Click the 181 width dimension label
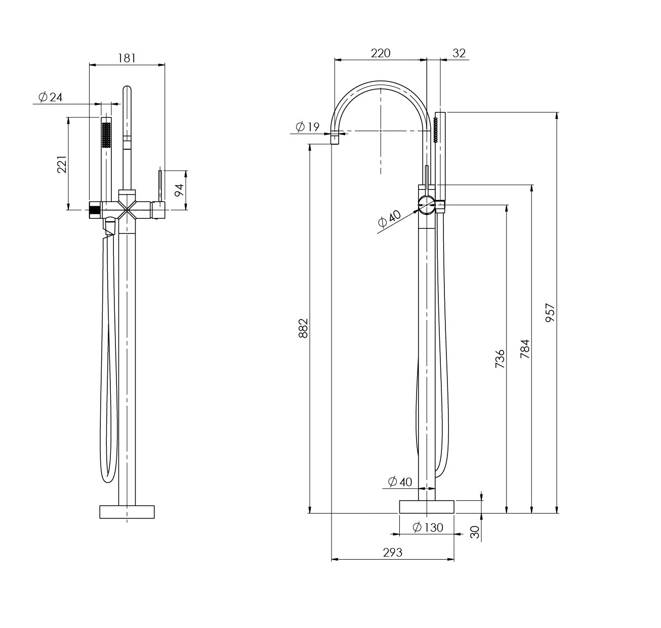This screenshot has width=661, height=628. pyautogui.click(x=127, y=58)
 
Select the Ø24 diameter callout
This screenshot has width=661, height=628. pyautogui.click(x=51, y=97)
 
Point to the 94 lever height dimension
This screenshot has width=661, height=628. pyautogui.click(x=179, y=190)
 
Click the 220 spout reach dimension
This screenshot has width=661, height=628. pyautogui.click(x=381, y=53)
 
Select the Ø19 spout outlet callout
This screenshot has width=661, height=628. pyautogui.click(x=307, y=127)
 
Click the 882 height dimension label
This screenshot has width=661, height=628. pyautogui.click(x=303, y=329)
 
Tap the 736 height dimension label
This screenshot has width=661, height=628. pyautogui.click(x=500, y=359)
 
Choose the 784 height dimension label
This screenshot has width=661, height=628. pyautogui.click(x=525, y=349)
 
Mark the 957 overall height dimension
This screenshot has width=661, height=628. pyautogui.click(x=551, y=313)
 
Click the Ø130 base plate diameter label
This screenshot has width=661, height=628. pyautogui.click(x=428, y=527)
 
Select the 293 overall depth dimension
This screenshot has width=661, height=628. pyautogui.click(x=392, y=553)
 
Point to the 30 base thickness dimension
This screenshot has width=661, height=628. pyautogui.click(x=474, y=532)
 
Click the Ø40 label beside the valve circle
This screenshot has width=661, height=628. pyautogui.click(x=389, y=219)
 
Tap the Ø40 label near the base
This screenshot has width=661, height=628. pyautogui.click(x=400, y=482)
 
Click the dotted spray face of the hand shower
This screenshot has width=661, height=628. pyautogui.click(x=106, y=135)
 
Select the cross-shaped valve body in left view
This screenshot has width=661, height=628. pyautogui.click(x=127, y=209)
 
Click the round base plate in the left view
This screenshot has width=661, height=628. pyautogui.click(x=127, y=511)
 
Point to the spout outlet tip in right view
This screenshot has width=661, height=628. pyautogui.click(x=335, y=138)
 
